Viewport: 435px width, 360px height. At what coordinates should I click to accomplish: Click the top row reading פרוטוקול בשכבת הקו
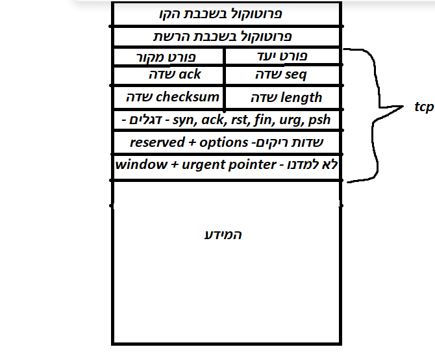click(221, 14)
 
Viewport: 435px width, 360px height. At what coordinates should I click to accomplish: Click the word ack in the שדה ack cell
click(190, 75)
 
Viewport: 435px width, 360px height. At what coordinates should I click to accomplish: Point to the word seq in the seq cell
click(295, 75)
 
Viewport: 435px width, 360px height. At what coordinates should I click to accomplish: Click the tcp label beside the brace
click(423, 107)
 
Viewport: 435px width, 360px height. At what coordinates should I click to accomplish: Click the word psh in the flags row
click(319, 120)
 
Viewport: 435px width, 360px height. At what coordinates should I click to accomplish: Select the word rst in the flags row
click(229, 120)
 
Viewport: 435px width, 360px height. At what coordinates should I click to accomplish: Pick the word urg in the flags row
click(286, 120)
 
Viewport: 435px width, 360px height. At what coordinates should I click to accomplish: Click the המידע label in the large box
click(223, 235)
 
